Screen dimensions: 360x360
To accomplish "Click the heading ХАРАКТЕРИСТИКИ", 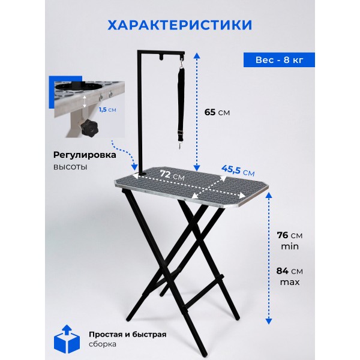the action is [180, 25].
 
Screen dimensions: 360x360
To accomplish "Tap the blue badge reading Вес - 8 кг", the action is [279, 60].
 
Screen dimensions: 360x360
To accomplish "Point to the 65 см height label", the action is [217, 112].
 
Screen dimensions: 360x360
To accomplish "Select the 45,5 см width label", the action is [238, 170].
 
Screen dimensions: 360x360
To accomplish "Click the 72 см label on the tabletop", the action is [172, 175].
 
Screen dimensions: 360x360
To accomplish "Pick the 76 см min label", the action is [290, 241].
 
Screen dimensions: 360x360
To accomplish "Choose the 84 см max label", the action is [290, 276].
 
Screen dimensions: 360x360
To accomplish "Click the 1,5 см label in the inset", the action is [107, 110].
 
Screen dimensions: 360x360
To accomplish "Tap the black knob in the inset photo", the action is [89, 128].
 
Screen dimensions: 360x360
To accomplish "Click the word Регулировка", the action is [85, 155].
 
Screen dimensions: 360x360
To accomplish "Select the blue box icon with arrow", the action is [67, 339].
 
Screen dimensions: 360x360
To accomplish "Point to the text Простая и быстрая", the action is [128, 334].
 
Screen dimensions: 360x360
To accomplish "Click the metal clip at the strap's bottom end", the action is [180, 145].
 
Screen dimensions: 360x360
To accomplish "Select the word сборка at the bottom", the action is [103, 344].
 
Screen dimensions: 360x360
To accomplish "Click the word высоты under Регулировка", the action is [70, 167].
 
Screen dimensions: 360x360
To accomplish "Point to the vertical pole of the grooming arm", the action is [140, 113].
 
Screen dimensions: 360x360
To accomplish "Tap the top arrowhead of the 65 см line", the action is [197, 56].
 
